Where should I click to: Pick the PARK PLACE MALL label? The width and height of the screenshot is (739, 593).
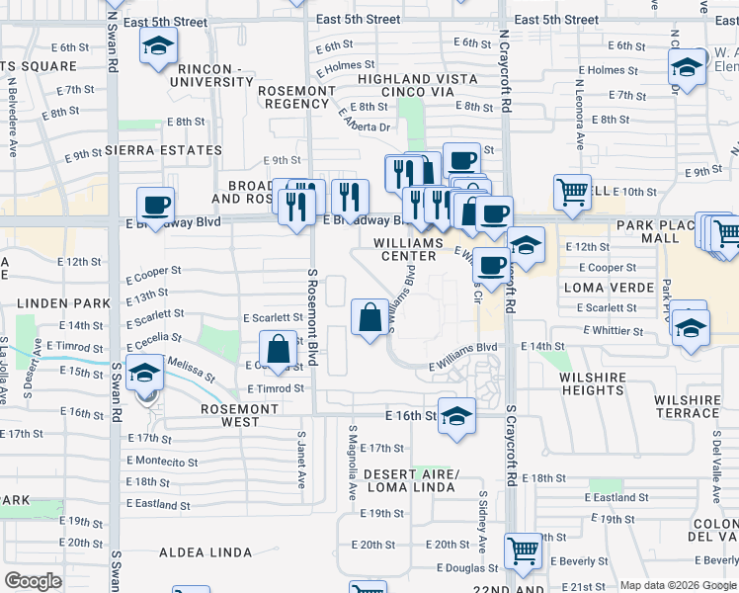(x=661, y=231)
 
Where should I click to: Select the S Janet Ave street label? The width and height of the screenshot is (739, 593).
(x=302, y=465)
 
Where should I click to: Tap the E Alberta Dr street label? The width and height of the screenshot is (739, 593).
(x=365, y=123)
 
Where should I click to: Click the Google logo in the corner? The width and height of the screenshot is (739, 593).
(x=33, y=581)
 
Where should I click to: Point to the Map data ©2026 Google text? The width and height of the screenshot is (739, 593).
(x=678, y=585)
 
